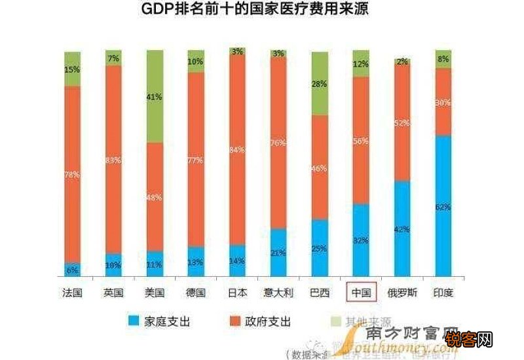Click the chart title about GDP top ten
[262, 10]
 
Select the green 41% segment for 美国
[155, 96]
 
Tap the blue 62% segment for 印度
[443, 206]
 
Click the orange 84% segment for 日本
[237, 150]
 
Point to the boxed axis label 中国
[362, 293]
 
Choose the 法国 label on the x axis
[72, 293]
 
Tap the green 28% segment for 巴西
[320, 84]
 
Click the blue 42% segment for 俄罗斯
[402, 229]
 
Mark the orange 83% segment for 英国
[113, 159]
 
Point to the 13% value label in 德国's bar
[196, 262]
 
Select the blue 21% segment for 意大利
[278, 253]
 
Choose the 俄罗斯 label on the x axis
[402, 293]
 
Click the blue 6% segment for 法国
[72, 270]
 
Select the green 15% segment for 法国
[72, 69]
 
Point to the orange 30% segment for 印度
[443, 102]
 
